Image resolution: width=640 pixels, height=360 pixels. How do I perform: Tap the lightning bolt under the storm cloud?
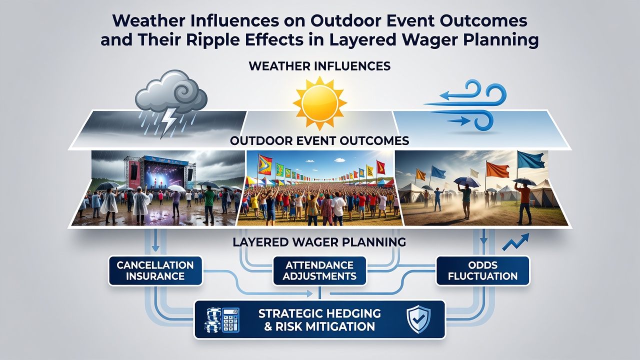tap(168, 123)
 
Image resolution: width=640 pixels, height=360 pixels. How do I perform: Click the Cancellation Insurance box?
tap(155, 270)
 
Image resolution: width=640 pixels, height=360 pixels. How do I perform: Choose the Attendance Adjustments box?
tap(319, 270)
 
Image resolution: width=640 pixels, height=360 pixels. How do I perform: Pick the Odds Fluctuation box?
tap(482, 270)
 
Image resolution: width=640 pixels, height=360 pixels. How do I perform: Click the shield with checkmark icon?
tap(418, 319)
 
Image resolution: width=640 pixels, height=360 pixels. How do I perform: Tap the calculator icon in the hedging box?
tap(230, 320)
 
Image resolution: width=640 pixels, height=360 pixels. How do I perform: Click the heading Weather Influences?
tap(319, 66)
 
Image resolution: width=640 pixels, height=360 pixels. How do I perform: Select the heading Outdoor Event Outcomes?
tap(319, 140)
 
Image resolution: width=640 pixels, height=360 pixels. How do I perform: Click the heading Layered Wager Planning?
tap(319, 242)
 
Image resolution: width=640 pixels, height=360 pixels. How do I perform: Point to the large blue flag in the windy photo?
tap(531, 160)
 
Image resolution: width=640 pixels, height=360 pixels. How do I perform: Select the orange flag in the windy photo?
tap(497, 169)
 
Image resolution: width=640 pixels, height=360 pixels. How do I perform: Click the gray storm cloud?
tap(171, 92)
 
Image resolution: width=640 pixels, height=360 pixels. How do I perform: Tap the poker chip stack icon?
tap(213, 320)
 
